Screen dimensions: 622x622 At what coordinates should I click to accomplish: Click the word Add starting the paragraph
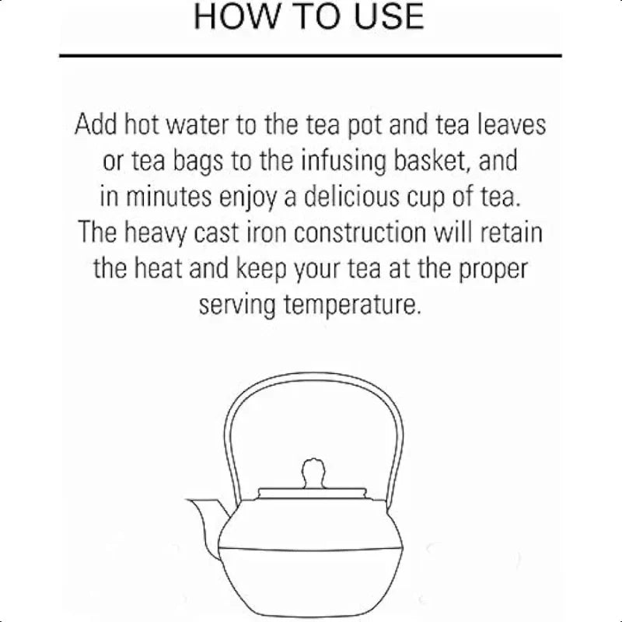(x=95, y=124)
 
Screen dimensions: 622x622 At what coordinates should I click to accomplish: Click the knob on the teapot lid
(x=311, y=470)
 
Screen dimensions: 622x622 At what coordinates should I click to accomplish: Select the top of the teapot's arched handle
(x=311, y=383)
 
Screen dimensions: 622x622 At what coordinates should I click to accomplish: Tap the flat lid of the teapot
(x=311, y=492)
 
